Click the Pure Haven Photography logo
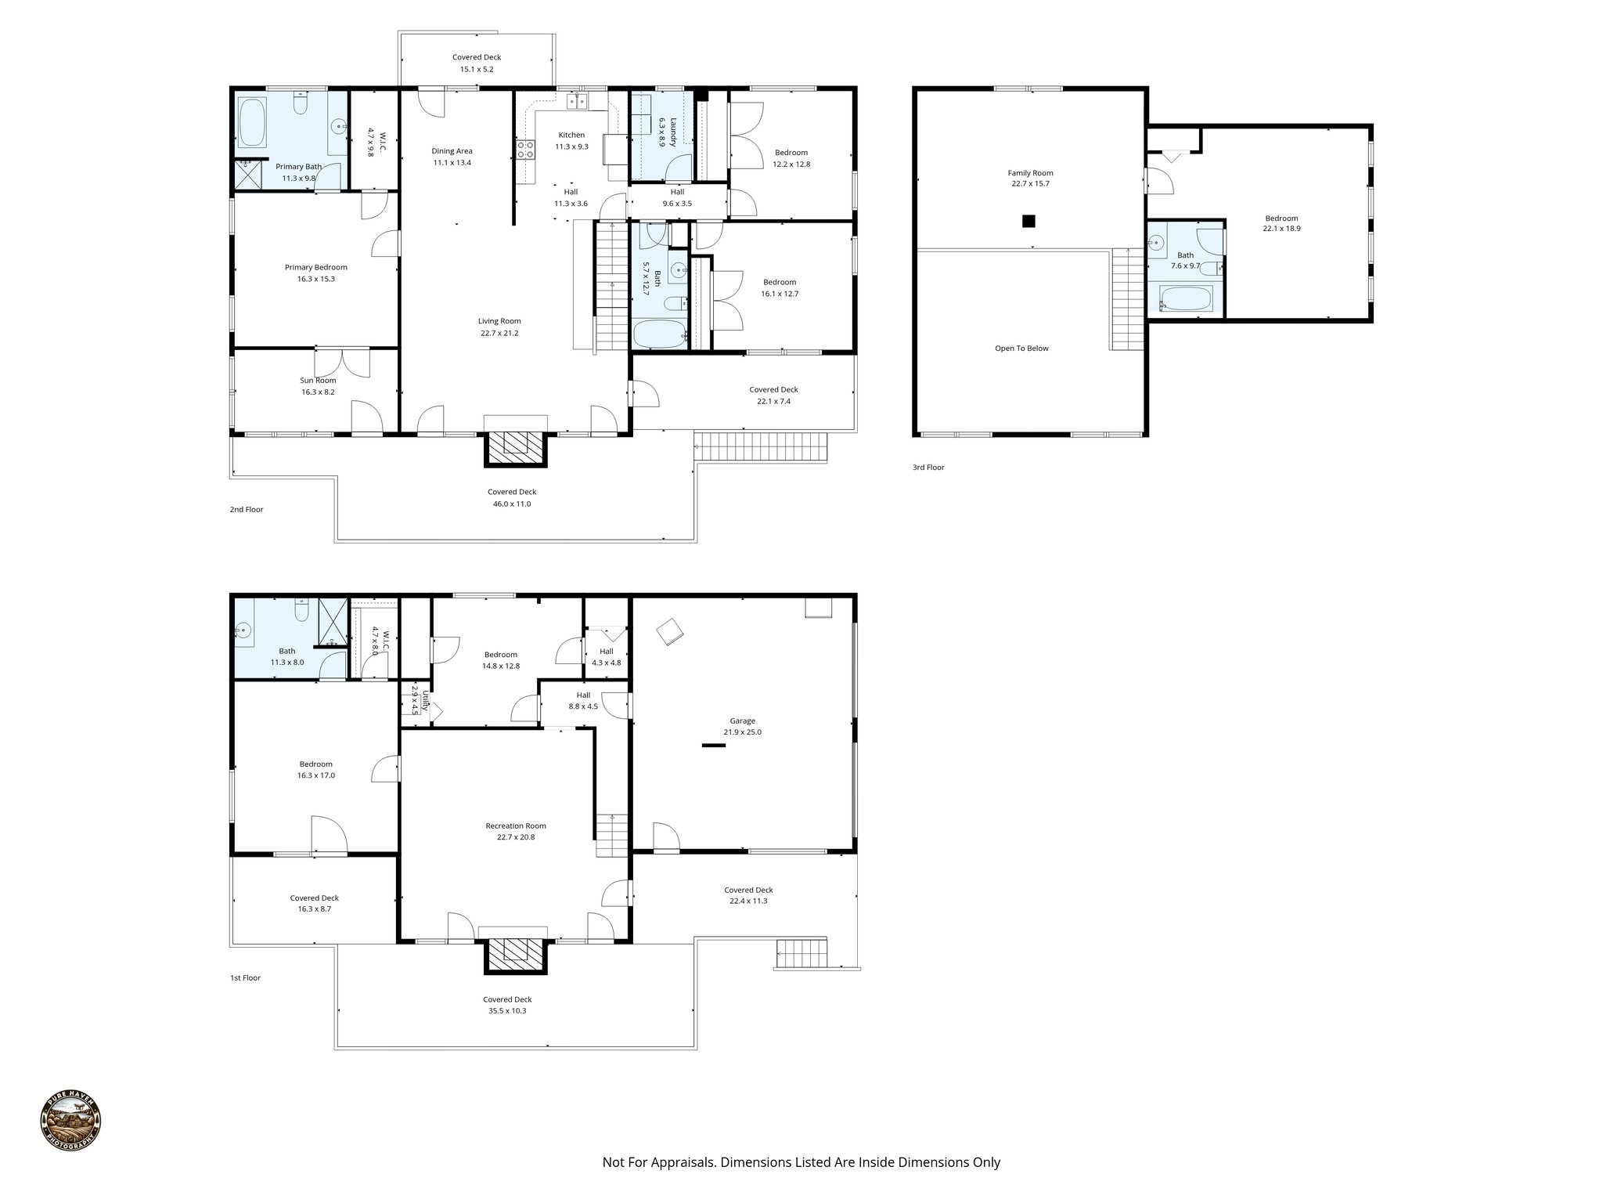(70, 1122)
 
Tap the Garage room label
(742, 721)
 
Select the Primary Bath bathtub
(252, 123)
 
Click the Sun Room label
(318, 381)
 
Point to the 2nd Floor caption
(246, 509)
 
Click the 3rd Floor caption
(928, 468)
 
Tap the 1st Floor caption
(245, 977)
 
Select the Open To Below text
(1021, 349)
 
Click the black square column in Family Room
(1028, 221)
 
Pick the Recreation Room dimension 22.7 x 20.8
(515, 836)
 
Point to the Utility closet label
(426, 700)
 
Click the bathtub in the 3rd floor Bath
(1186, 298)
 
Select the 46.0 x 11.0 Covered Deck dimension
(511, 504)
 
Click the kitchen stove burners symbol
(525, 149)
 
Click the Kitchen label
(571, 135)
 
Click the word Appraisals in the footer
(679, 1161)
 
